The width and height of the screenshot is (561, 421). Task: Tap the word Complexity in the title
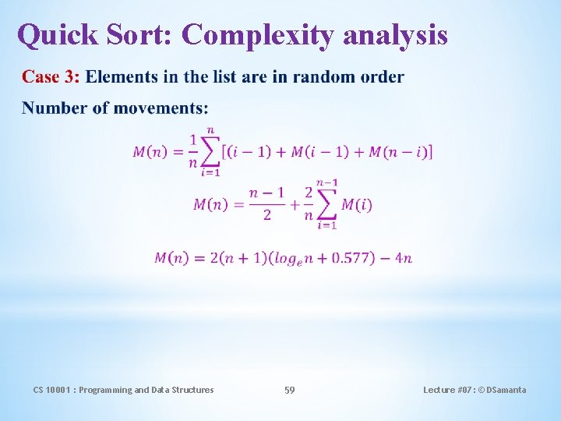257,34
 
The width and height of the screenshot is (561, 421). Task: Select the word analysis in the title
395,34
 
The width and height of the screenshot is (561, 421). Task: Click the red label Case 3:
51,76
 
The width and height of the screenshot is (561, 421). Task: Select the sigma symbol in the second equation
327,204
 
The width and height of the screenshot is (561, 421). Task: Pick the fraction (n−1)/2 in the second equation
266,203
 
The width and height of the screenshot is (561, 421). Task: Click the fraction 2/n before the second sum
309,203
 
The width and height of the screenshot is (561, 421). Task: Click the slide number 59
289,390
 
